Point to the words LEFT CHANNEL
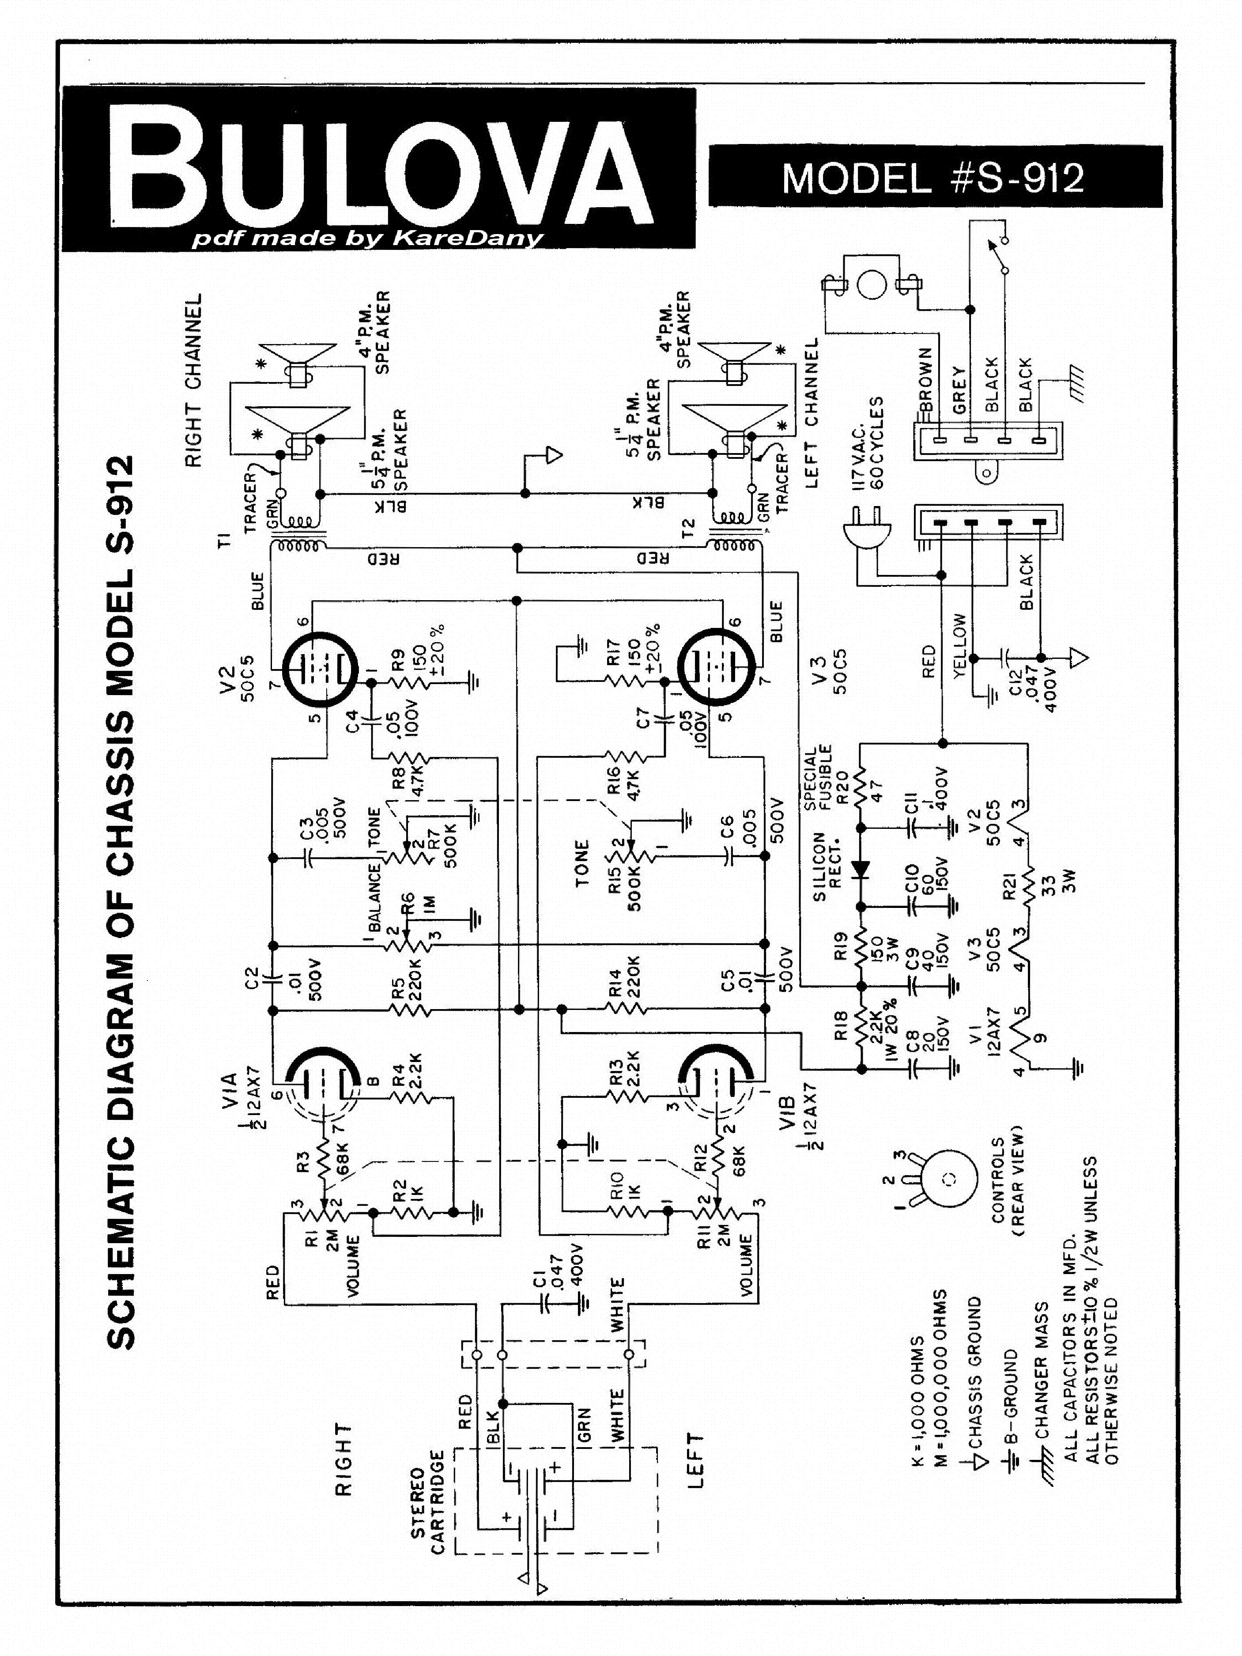pyautogui.click(x=812, y=414)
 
